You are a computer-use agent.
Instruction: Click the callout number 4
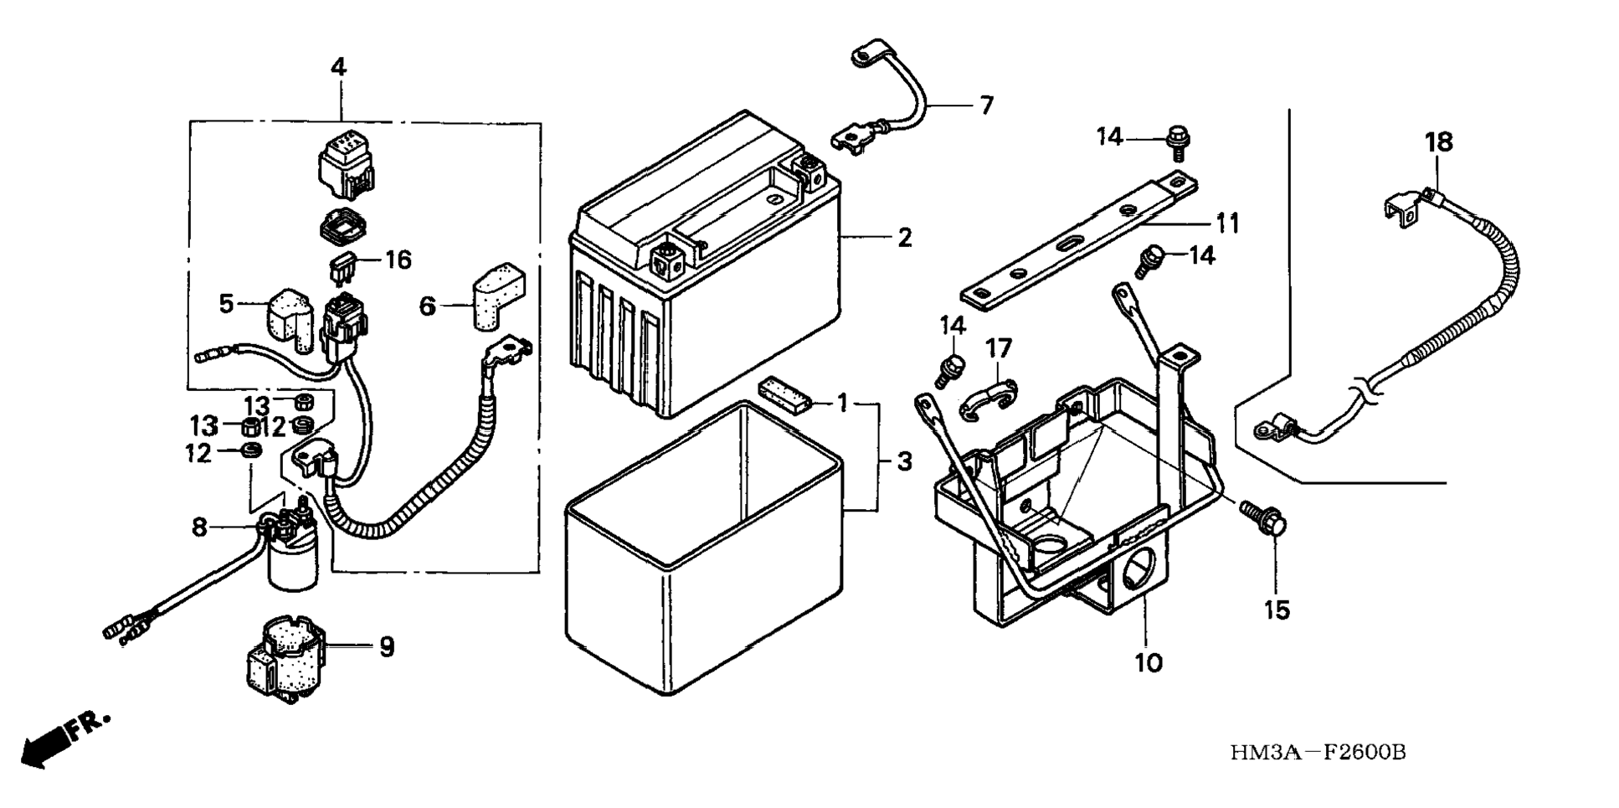tap(338, 67)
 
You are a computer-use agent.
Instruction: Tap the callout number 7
tap(987, 106)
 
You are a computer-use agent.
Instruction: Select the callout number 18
tap(1440, 142)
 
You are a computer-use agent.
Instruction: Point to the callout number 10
tap(1149, 663)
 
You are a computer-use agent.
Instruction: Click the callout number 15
tap(1277, 610)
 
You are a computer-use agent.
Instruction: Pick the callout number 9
tap(387, 646)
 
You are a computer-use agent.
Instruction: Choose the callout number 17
tap(999, 348)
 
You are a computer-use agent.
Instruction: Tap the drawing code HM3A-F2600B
tap(1318, 753)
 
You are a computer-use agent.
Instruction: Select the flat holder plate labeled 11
tap(1081, 239)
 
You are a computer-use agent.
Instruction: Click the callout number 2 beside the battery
tap(904, 238)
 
